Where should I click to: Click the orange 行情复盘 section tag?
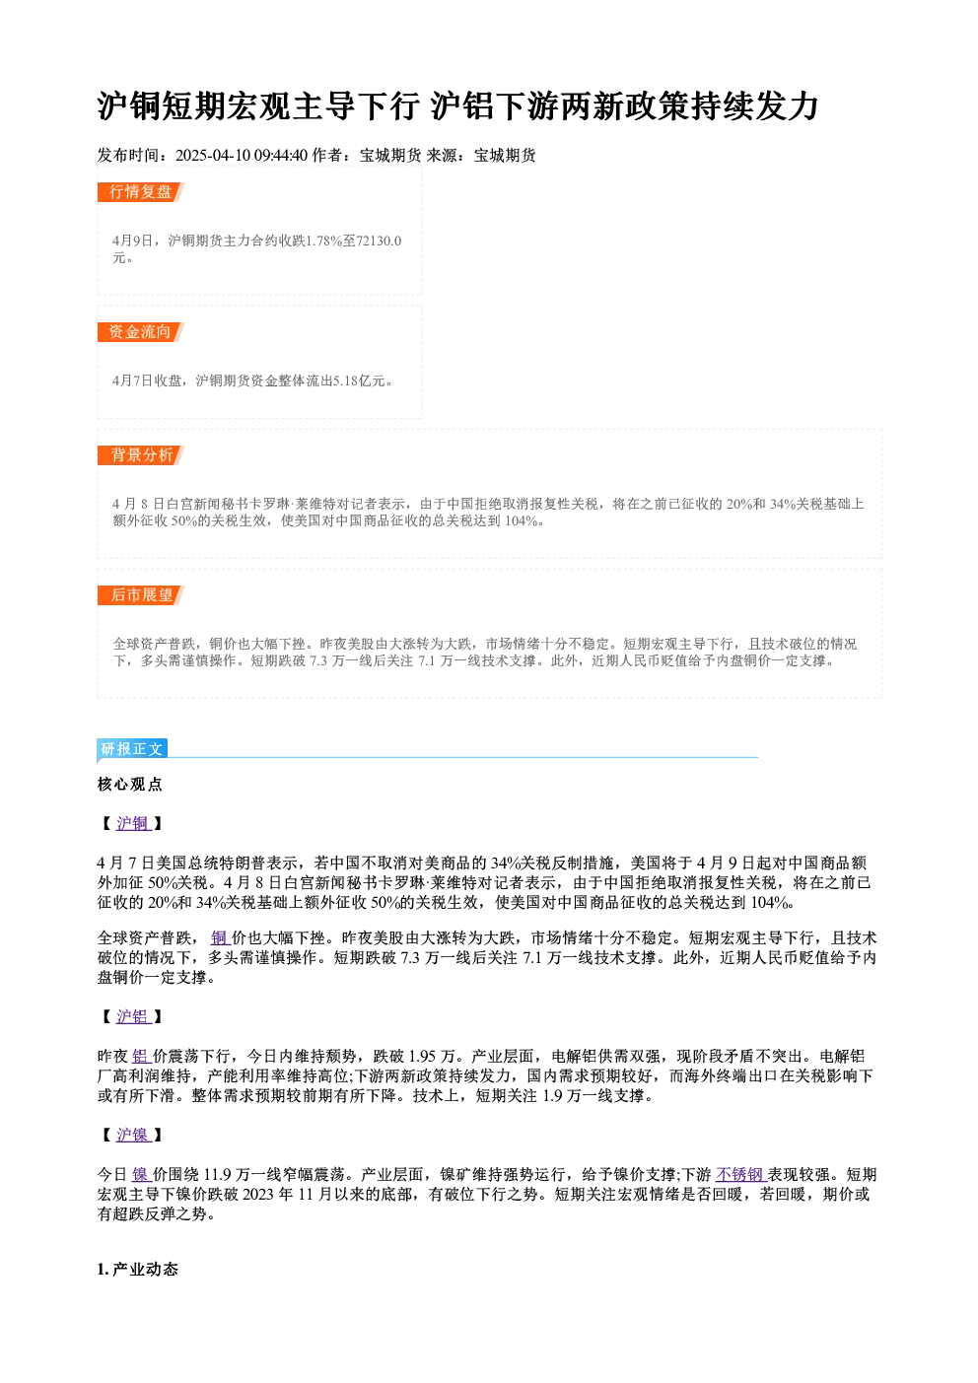click(140, 192)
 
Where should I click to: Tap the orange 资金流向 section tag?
click(140, 332)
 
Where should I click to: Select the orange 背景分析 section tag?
click(140, 455)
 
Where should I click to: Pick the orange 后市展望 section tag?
click(140, 595)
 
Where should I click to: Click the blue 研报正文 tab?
click(132, 749)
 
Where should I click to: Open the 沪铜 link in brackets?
click(133, 824)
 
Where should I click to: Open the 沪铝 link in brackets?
click(133, 1017)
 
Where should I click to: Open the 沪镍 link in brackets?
click(133, 1135)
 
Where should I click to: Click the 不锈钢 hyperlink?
click(740, 1174)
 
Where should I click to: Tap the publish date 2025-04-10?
click(213, 155)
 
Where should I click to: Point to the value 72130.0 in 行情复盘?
click(379, 241)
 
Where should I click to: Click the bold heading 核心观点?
click(130, 785)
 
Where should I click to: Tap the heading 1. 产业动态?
click(138, 1270)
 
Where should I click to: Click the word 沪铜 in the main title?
click(129, 106)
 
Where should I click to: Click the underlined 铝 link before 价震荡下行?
click(141, 1057)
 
